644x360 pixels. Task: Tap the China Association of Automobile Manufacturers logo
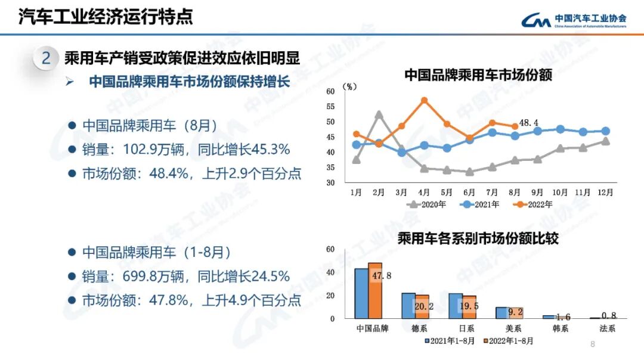573,20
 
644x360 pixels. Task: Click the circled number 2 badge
46,58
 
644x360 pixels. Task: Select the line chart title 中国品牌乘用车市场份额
478,75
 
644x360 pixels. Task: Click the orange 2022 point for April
424,100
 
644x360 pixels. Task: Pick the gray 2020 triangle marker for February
379,114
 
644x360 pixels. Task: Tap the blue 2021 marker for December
605,131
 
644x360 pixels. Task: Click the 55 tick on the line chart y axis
331,107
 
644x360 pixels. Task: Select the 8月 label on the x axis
515,193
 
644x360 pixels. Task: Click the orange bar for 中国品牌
374,291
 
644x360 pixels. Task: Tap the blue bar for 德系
408,306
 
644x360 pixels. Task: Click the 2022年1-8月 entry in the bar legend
509,342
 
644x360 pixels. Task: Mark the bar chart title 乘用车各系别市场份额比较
478,240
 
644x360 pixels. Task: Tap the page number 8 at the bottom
592,344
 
